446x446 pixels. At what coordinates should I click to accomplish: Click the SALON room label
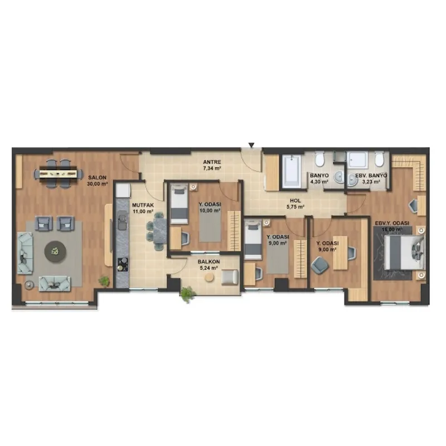point(97,177)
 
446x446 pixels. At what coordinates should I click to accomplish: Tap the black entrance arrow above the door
point(251,146)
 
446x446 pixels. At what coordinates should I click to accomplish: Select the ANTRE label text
point(212,162)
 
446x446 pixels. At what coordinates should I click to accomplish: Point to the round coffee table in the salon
point(55,251)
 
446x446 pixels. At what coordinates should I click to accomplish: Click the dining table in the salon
point(58,173)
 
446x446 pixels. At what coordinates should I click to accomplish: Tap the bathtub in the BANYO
point(292,171)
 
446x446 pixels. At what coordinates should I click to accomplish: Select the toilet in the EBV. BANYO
point(379,159)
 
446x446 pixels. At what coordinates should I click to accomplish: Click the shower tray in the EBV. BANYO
point(357,160)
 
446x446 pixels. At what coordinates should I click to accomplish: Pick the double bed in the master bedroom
point(404,253)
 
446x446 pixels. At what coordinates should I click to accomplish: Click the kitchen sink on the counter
point(123,220)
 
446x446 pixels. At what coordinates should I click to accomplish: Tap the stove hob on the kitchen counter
point(123,264)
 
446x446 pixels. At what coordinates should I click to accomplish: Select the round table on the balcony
point(210,277)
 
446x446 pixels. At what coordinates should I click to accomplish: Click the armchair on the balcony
point(230,277)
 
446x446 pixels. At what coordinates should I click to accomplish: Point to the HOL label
point(295,201)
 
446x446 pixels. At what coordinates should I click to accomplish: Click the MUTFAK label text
point(143,205)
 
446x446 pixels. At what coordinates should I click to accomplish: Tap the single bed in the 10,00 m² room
point(179,204)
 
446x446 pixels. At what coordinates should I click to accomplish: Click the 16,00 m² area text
point(392,229)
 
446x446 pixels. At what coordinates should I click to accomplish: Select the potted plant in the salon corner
point(104,281)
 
